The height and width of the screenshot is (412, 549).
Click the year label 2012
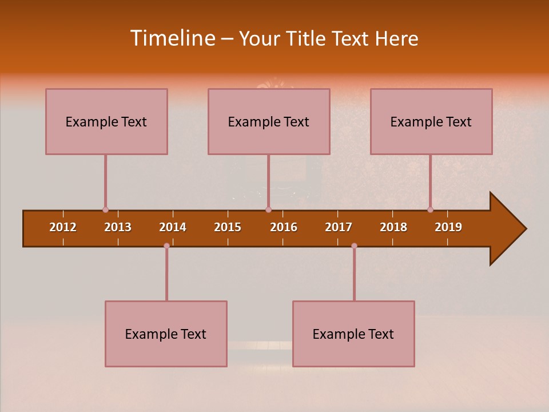pos(63,227)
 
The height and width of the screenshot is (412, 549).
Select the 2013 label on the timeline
pos(118,227)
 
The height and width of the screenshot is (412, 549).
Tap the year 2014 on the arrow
pos(173,227)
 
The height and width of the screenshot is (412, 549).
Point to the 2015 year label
pos(228,227)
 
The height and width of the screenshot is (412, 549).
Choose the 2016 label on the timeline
pos(284,227)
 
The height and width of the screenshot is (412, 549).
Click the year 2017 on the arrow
pos(339,227)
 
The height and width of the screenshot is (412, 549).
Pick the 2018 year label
pos(393,227)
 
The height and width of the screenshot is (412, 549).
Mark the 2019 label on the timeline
pos(448,227)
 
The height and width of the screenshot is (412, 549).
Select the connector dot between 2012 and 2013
pos(105,210)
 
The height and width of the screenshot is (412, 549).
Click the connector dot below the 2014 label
pos(166,245)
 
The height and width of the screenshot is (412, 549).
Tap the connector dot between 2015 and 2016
pos(268,210)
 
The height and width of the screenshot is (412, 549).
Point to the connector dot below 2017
pos(354,245)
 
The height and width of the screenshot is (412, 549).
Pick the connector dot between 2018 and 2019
pos(430,210)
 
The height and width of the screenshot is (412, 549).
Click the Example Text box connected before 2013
pos(106,121)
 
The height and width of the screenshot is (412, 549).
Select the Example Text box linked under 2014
pos(166,334)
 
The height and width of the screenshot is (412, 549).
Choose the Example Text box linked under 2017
pos(353,334)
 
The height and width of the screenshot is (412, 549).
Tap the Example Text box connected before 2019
pos(431,121)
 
